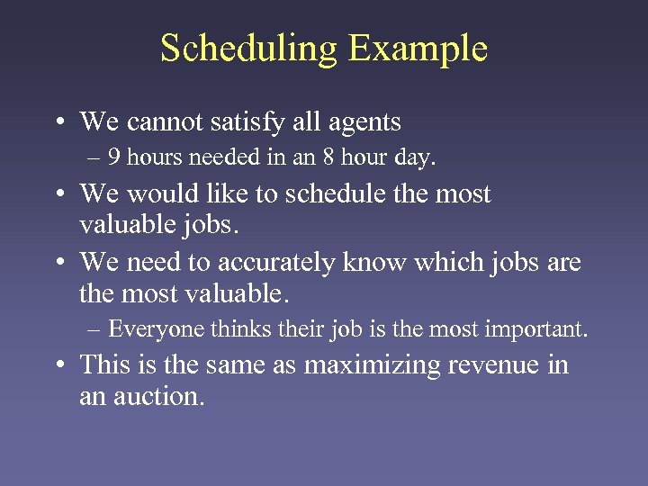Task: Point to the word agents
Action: point(358,121)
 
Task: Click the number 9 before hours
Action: point(113,158)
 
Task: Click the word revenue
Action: point(500,365)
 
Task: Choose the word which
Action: point(464,263)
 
